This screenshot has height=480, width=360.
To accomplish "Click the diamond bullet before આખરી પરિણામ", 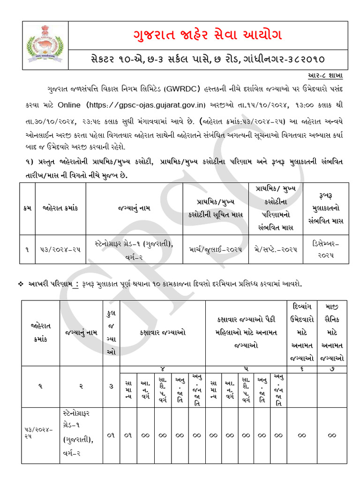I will pos(21,284).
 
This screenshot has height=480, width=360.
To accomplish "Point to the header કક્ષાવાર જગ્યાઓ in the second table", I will pos(163,332).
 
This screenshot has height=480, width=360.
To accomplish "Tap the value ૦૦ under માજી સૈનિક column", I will pos(332,435).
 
